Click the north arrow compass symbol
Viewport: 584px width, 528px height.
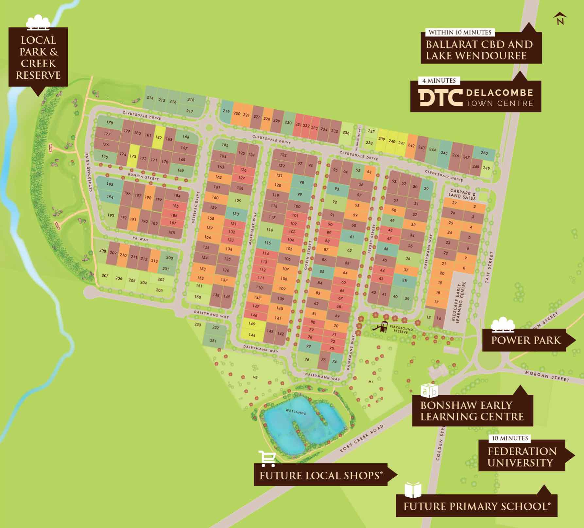tap(560, 19)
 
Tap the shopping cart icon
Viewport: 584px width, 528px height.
tap(267, 458)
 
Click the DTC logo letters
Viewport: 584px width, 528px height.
tap(441, 97)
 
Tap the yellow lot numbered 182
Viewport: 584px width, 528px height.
tap(159, 138)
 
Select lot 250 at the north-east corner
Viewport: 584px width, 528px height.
tap(484, 153)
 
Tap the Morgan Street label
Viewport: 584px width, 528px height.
tap(547, 376)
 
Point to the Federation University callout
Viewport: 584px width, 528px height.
tap(522, 457)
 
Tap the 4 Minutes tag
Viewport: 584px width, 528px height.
tap(439, 80)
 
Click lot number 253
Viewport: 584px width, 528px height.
tap(198, 324)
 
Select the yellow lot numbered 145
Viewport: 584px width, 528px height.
tap(251, 323)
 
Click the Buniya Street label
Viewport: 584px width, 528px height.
tap(143, 177)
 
